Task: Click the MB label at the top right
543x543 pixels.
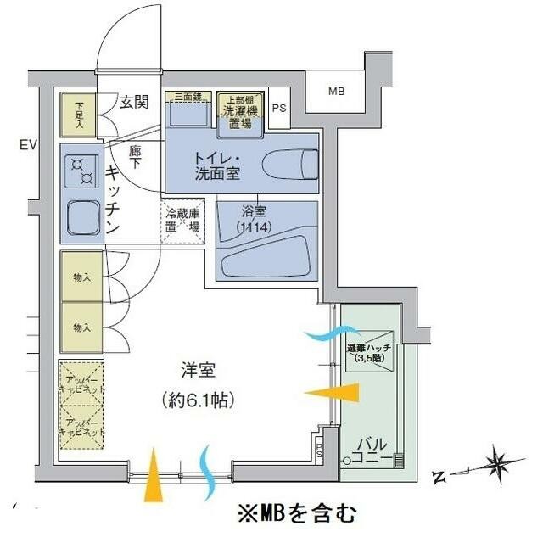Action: point(337,91)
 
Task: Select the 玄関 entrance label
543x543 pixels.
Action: point(135,103)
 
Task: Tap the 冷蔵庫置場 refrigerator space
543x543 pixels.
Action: point(183,221)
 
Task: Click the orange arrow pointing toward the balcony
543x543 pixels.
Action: point(332,394)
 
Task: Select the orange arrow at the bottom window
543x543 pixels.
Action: point(152,480)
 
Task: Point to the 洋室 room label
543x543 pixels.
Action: point(198,371)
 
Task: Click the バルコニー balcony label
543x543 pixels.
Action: point(372,451)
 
